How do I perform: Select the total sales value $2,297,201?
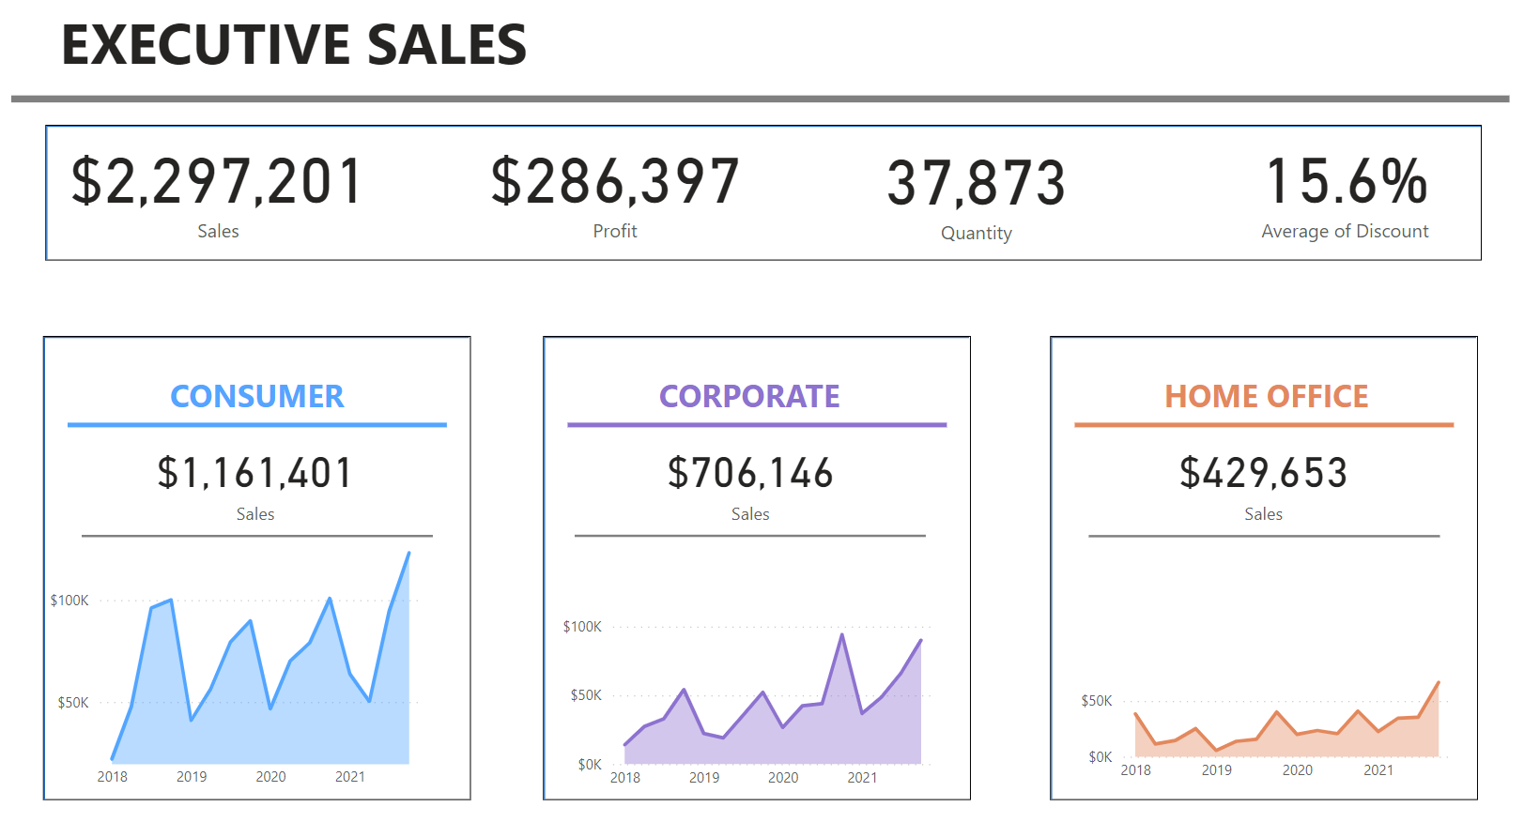(x=217, y=182)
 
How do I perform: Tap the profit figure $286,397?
(x=615, y=182)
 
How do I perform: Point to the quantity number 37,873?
(x=976, y=183)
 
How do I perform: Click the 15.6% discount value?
(x=1346, y=181)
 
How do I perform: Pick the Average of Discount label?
(x=1345, y=232)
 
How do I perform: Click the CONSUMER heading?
(x=256, y=396)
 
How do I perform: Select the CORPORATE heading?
(x=749, y=396)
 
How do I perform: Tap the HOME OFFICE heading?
(x=1266, y=396)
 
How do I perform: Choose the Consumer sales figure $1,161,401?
(x=254, y=473)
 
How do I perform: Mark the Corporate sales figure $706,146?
(x=750, y=473)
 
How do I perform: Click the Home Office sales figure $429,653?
(x=1263, y=473)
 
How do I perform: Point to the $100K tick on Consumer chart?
(x=69, y=601)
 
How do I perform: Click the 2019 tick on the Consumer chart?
(x=192, y=777)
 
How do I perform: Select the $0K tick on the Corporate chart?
(x=590, y=765)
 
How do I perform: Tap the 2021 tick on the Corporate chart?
(x=862, y=778)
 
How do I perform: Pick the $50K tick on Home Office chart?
(x=1096, y=701)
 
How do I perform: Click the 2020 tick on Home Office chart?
(x=1298, y=770)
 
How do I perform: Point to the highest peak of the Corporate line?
(x=842, y=635)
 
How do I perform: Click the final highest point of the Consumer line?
(x=409, y=553)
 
